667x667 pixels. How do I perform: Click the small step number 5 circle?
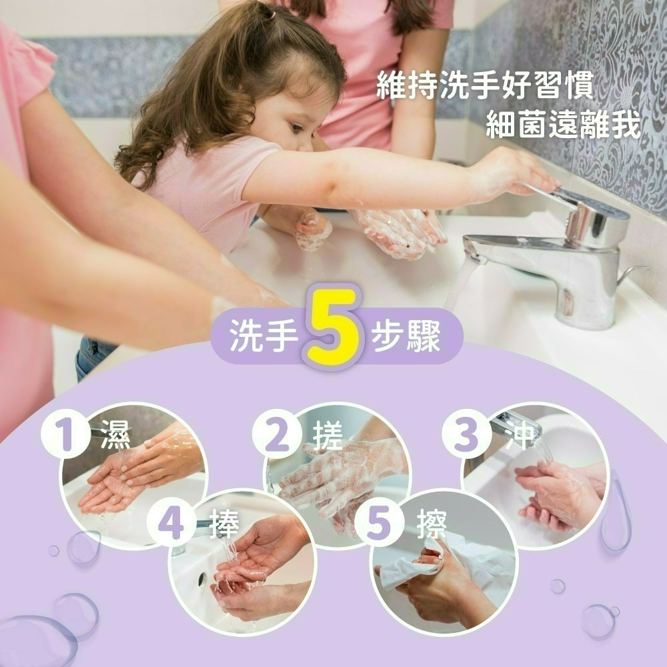pyautogui.click(x=378, y=522)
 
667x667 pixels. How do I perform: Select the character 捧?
pyautogui.click(x=223, y=523)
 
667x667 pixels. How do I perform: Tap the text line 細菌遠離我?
pyautogui.click(x=562, y=126)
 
